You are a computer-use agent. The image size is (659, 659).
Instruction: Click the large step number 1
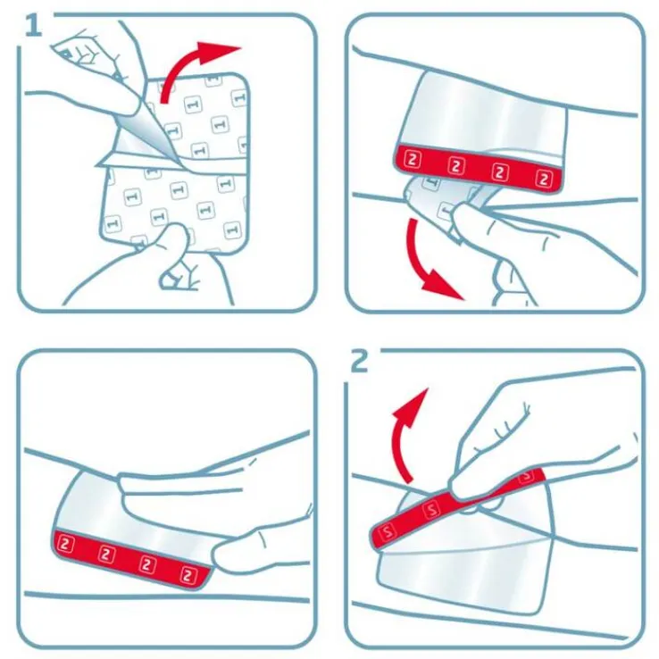coord(33,24)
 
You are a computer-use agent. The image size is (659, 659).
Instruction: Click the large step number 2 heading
coord(359,361)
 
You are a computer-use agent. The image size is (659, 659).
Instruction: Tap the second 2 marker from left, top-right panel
coord(456,166)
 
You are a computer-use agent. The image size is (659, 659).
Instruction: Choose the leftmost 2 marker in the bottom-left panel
coord(65,541)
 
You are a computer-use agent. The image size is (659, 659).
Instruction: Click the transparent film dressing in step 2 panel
coord(464,563)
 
